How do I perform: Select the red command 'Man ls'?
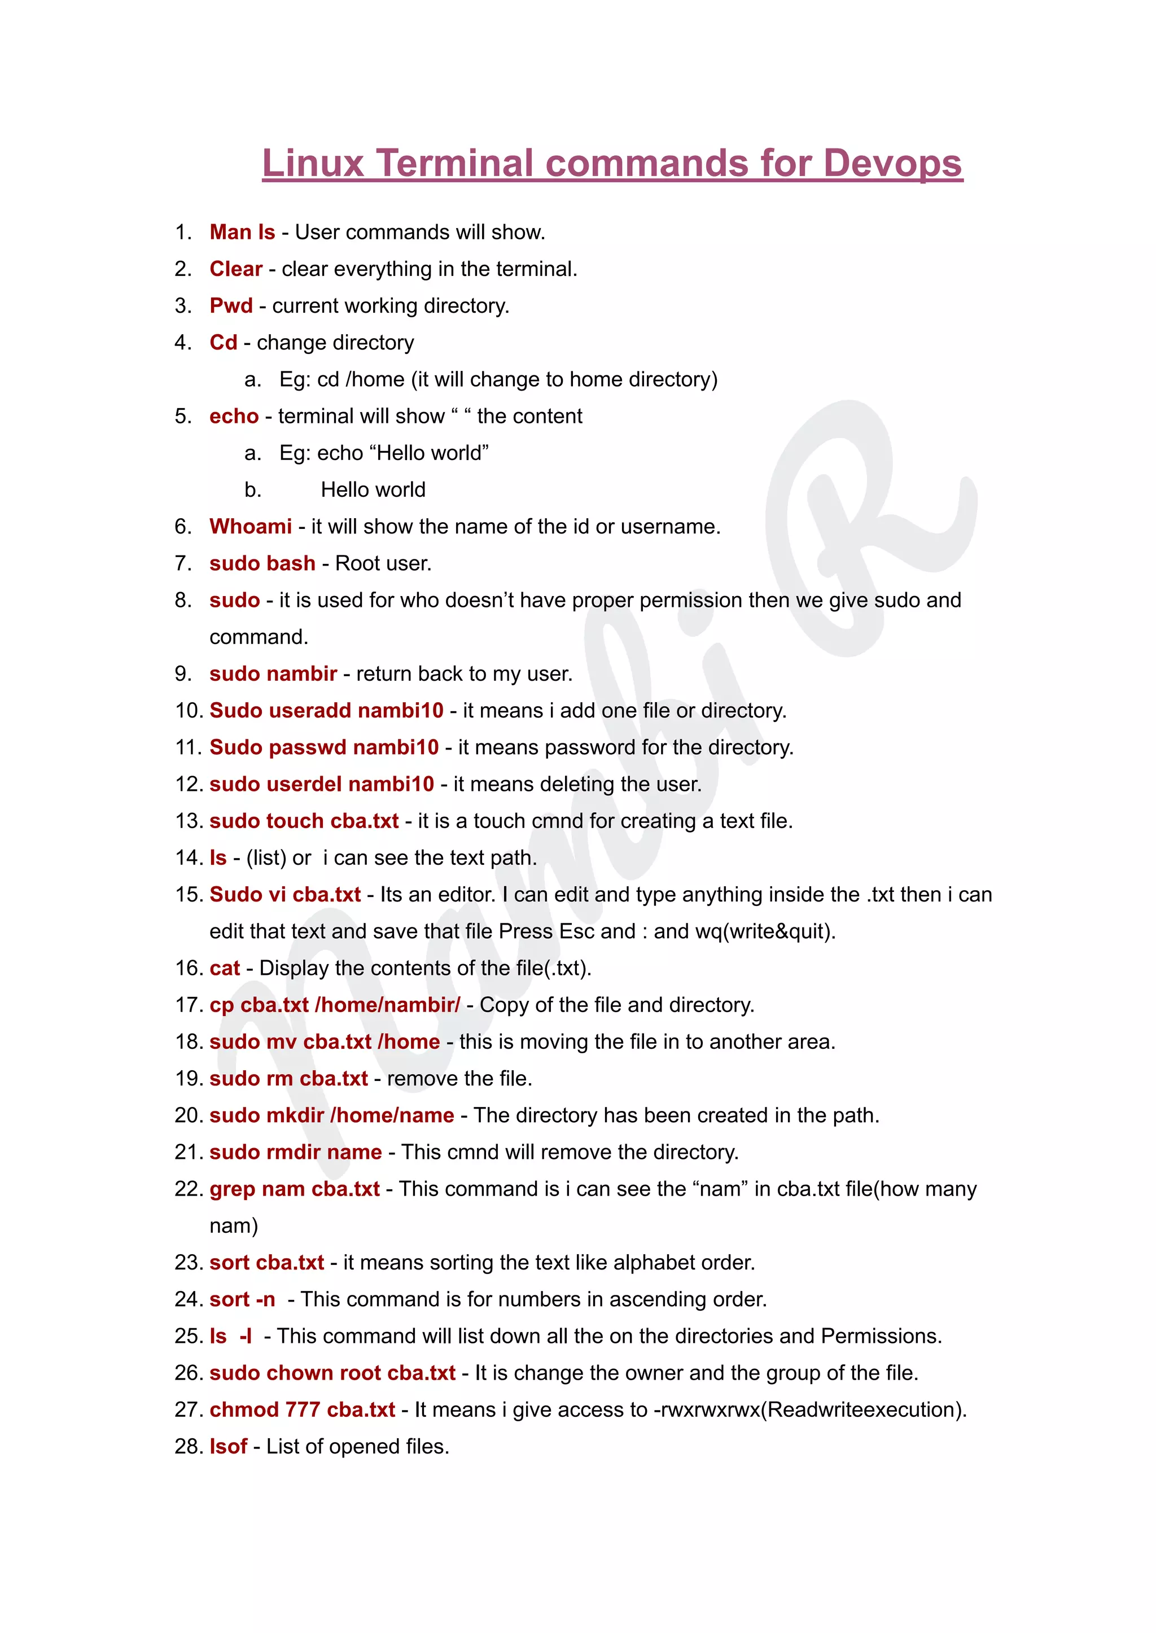(242, 232)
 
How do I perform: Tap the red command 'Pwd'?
(231, 305)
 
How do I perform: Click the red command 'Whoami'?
(251, 526)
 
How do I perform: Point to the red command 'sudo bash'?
(262, 563)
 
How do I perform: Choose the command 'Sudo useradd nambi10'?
(326, 711)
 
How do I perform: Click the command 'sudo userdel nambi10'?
(321, 783)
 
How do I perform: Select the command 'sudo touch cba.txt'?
(304, 821)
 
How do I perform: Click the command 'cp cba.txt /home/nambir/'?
(335, 1004)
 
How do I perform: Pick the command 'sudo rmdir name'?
(295, 1152)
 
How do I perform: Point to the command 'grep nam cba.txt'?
(294, 1189)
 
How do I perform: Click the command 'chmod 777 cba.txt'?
(302, 1409)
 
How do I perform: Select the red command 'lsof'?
(228, 1447)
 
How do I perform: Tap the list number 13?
(189, 821)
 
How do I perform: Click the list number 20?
(189, 1115)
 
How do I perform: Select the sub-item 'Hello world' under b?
(373, 490)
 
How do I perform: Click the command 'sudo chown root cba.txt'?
(332, 1372)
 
